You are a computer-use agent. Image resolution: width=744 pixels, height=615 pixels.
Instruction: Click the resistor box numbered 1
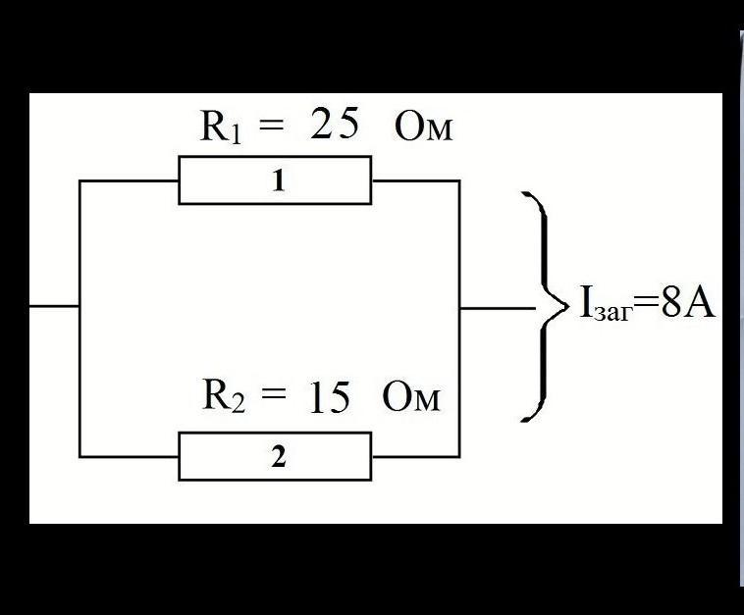pyautogui.click(x=275, y=180)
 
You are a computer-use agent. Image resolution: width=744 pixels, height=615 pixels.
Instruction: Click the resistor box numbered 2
pyautogui.click(x=275, y=457)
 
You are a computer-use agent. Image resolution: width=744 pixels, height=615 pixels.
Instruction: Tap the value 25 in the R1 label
pyautogui.click(x=335, y=126)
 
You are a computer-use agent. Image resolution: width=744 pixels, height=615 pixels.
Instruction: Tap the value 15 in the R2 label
pyautogui.click(x=329, y=398)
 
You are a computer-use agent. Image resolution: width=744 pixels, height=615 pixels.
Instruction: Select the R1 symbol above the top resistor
pyautogui.click(x=220, y=128)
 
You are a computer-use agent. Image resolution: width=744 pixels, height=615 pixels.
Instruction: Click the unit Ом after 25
pyautogui.click(x=424, y=128)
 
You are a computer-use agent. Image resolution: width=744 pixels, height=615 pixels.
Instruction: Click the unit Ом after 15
pyautogui.click(x=411, y=398)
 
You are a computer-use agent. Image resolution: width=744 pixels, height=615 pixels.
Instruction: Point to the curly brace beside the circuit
pyautogui.click(x=540, y=306)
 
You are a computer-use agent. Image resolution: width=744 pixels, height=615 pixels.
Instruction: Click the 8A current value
pyautogui.click(x=688, y=305)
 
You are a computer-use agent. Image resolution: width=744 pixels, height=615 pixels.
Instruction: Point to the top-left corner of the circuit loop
pyautogui.click(x=80, y=181)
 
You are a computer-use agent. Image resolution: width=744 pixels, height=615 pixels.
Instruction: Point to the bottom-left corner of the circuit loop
pyautogui.click(x=80, y=457)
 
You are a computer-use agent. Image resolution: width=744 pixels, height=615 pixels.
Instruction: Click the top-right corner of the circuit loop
pyautogui.click(x=459, y=181)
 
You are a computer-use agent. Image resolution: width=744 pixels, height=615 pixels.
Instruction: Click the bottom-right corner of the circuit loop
pyautogui.click(x=459, y=457)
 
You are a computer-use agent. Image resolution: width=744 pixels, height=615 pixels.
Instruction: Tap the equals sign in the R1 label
pyautogui.click(x=272, y=127)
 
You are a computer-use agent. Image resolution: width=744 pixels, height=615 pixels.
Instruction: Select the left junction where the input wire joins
pyautogui.click(x=80, y=306)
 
